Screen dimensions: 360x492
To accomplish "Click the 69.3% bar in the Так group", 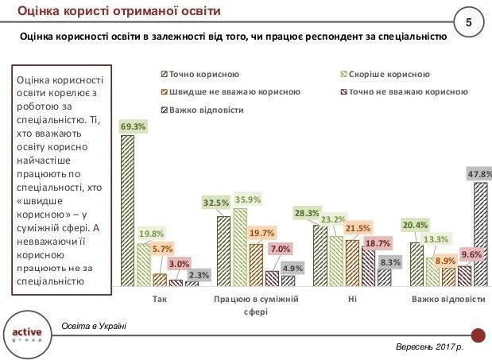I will (x=127, y=210).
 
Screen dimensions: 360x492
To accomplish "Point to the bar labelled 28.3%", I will (x=320, y=254).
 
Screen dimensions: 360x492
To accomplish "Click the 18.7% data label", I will (x=378, y=242).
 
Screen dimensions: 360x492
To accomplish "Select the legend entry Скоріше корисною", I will (x=378, y=74).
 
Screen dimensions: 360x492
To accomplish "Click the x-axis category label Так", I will (x=159, y=300).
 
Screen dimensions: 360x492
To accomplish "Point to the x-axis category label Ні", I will (x=352, y=300).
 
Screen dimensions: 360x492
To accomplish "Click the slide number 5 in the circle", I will (x=467, y=22).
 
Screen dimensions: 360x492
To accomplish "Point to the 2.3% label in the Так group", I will (x=199, y=275).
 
